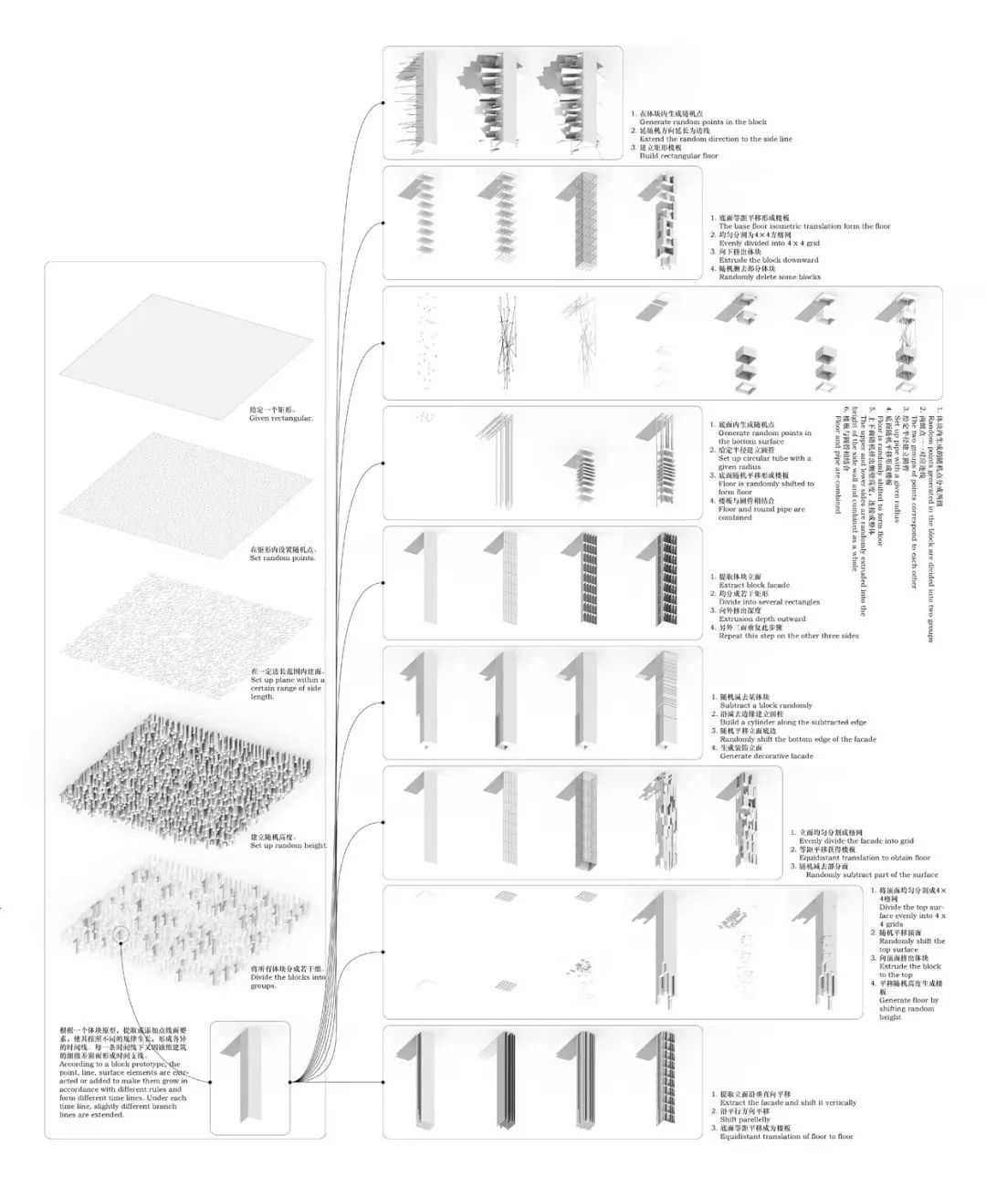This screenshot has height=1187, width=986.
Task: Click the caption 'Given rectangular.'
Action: click(280, 418)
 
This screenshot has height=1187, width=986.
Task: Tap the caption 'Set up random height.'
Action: click(288, 846)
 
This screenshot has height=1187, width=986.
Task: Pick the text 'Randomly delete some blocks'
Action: click(770, 276)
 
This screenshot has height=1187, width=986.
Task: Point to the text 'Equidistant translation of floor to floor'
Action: click(786, 1136)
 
